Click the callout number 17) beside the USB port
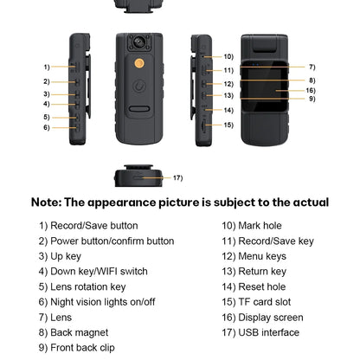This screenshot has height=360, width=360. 177,178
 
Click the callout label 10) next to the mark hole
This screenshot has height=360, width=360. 228,56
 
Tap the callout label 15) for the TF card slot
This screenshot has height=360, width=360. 228,125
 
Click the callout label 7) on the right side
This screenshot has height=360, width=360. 312,67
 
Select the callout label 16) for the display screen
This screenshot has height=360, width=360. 311,90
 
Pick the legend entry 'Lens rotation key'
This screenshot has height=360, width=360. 84,286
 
